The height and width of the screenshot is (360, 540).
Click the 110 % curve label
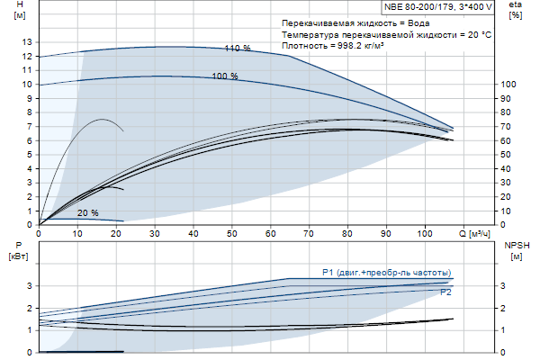pos(238,48)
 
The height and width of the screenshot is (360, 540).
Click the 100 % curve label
pos(225,76)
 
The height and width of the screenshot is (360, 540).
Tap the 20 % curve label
pos(87,213)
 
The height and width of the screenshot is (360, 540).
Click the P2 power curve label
pos(445,292)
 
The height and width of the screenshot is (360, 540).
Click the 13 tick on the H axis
pos(25,42)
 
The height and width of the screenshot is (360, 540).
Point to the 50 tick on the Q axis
pos(231,234)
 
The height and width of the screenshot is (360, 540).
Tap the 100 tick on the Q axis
pos(425,234)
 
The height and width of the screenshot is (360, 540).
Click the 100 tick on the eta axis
pos(509,85)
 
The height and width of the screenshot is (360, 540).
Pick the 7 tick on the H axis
pos(29,126)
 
